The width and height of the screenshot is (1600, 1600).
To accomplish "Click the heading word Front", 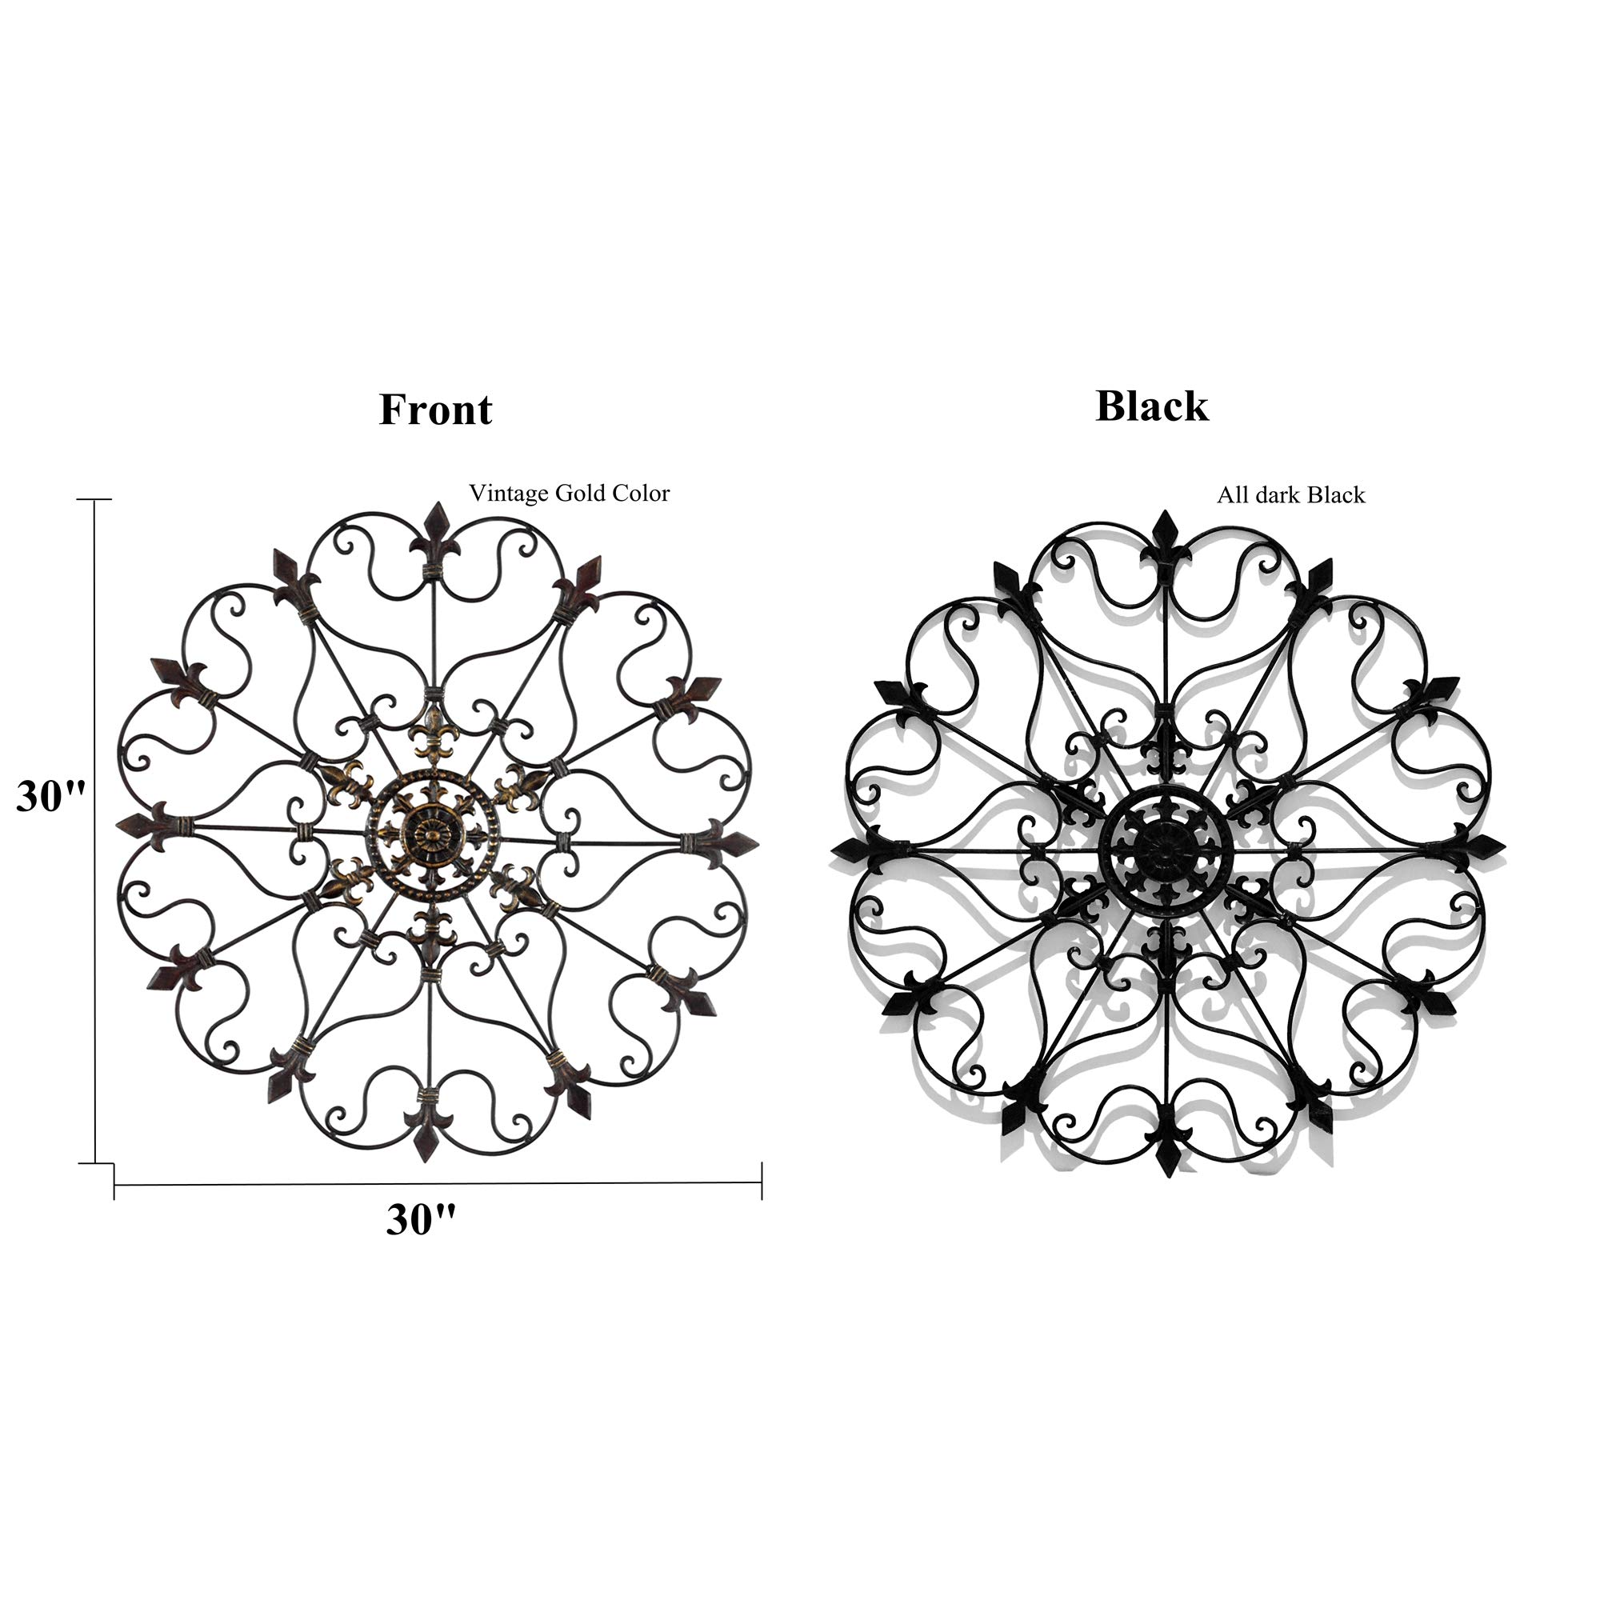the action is point(436,409).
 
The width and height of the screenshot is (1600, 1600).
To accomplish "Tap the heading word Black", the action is point(1152,406).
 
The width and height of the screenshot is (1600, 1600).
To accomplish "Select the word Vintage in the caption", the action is point(509,494).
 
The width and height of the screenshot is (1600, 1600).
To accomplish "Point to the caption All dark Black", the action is point(1290,495).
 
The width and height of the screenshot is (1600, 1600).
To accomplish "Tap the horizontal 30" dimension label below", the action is point(421,1220).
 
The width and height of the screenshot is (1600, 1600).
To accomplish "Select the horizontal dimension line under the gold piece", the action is point(438,1185).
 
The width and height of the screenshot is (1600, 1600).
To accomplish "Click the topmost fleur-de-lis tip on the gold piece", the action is point(437,506).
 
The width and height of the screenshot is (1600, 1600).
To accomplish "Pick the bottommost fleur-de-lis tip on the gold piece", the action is point(426,1156).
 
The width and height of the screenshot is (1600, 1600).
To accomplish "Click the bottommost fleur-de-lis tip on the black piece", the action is point(1168,1172).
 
